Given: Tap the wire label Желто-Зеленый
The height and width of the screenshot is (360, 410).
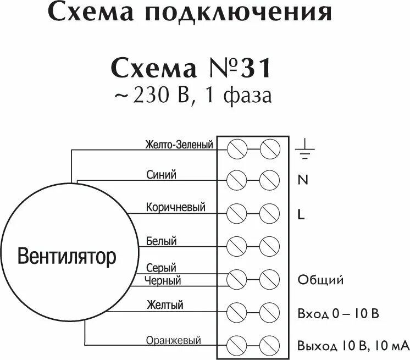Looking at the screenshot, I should pyautogui.click(x=179, y=145).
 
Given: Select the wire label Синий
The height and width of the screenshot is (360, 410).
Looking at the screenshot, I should pyautogui.click(x=162, y=175).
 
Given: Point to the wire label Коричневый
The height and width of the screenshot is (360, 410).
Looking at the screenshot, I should pyautogui.click(x=175, y=207).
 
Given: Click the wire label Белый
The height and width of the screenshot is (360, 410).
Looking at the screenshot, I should pyautogui.click(x=162, y=241).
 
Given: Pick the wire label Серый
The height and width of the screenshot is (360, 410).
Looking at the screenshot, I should pyautogui.click(x=161, y=268).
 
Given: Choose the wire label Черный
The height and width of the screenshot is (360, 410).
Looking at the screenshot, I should pyautogui.click(x=163, y=281).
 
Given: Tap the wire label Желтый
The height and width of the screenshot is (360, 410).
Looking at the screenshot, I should pyautogui.click(x=165, y=305).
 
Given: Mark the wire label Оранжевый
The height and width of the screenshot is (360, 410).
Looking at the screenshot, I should pyautogui.click(x=174, y=341).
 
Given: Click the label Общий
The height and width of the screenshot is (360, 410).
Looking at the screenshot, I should pyautogui.click(x=320, y=280).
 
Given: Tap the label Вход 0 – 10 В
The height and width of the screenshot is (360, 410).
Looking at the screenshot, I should pyautogui.click(x=338, y=314).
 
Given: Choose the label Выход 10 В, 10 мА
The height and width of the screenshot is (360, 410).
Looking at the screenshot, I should pyautogui.click(x=353, y=346).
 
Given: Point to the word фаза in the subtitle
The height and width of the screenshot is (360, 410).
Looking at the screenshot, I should pyautogui.click(x=251, y=96).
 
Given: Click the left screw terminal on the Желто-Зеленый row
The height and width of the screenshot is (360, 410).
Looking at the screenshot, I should pyautogui.click(x=236, y=148).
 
